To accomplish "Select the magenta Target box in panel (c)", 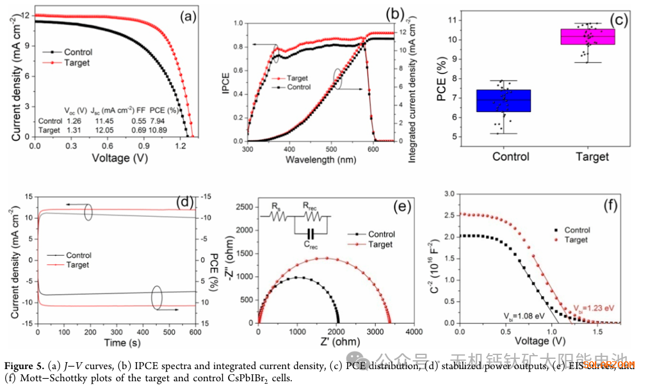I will [x=587, y=36].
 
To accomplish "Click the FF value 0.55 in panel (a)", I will [x=138, y=121].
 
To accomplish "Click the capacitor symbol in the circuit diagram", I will [x=311, y=233].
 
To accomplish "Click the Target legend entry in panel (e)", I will [x=380, y=244].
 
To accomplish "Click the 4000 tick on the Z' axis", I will [x=414, y=333].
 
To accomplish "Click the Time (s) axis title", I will [x=106, y=343].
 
